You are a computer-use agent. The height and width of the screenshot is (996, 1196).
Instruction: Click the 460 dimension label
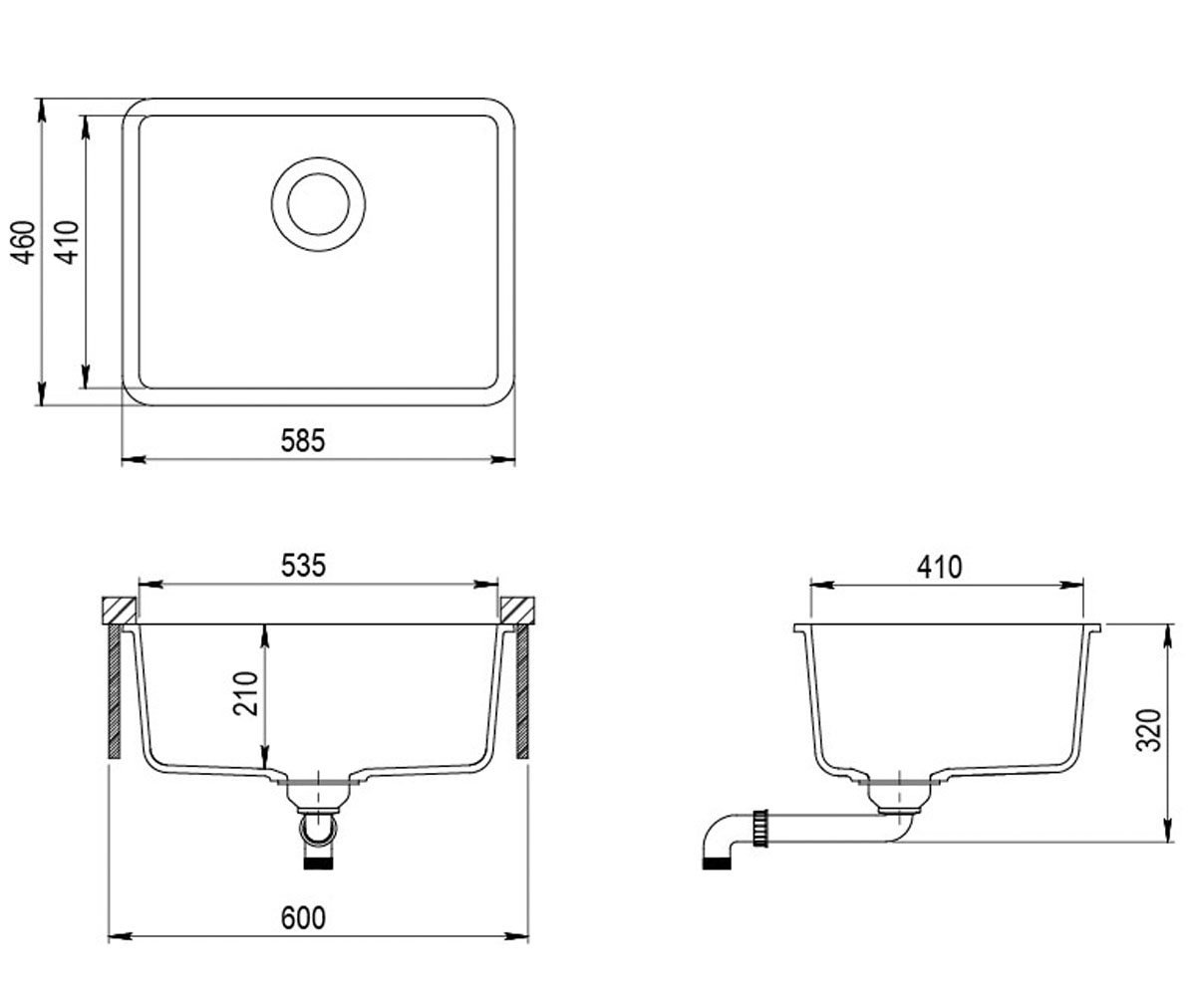(24, 242)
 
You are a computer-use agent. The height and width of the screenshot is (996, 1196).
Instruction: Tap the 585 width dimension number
(303, 441)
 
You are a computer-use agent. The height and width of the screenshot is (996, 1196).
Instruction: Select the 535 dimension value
(304, 566)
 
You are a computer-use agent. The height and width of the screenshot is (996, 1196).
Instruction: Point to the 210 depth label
(245, 694)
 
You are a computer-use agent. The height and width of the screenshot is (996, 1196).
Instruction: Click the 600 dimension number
(304, 918)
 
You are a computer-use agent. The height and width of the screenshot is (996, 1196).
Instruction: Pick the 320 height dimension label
(1148, 730)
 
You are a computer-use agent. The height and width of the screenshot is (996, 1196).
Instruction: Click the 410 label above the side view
(940, 568)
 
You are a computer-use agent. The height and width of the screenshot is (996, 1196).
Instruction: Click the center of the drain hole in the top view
(319, 204)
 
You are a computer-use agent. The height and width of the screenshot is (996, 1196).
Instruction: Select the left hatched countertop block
(120, 611)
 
